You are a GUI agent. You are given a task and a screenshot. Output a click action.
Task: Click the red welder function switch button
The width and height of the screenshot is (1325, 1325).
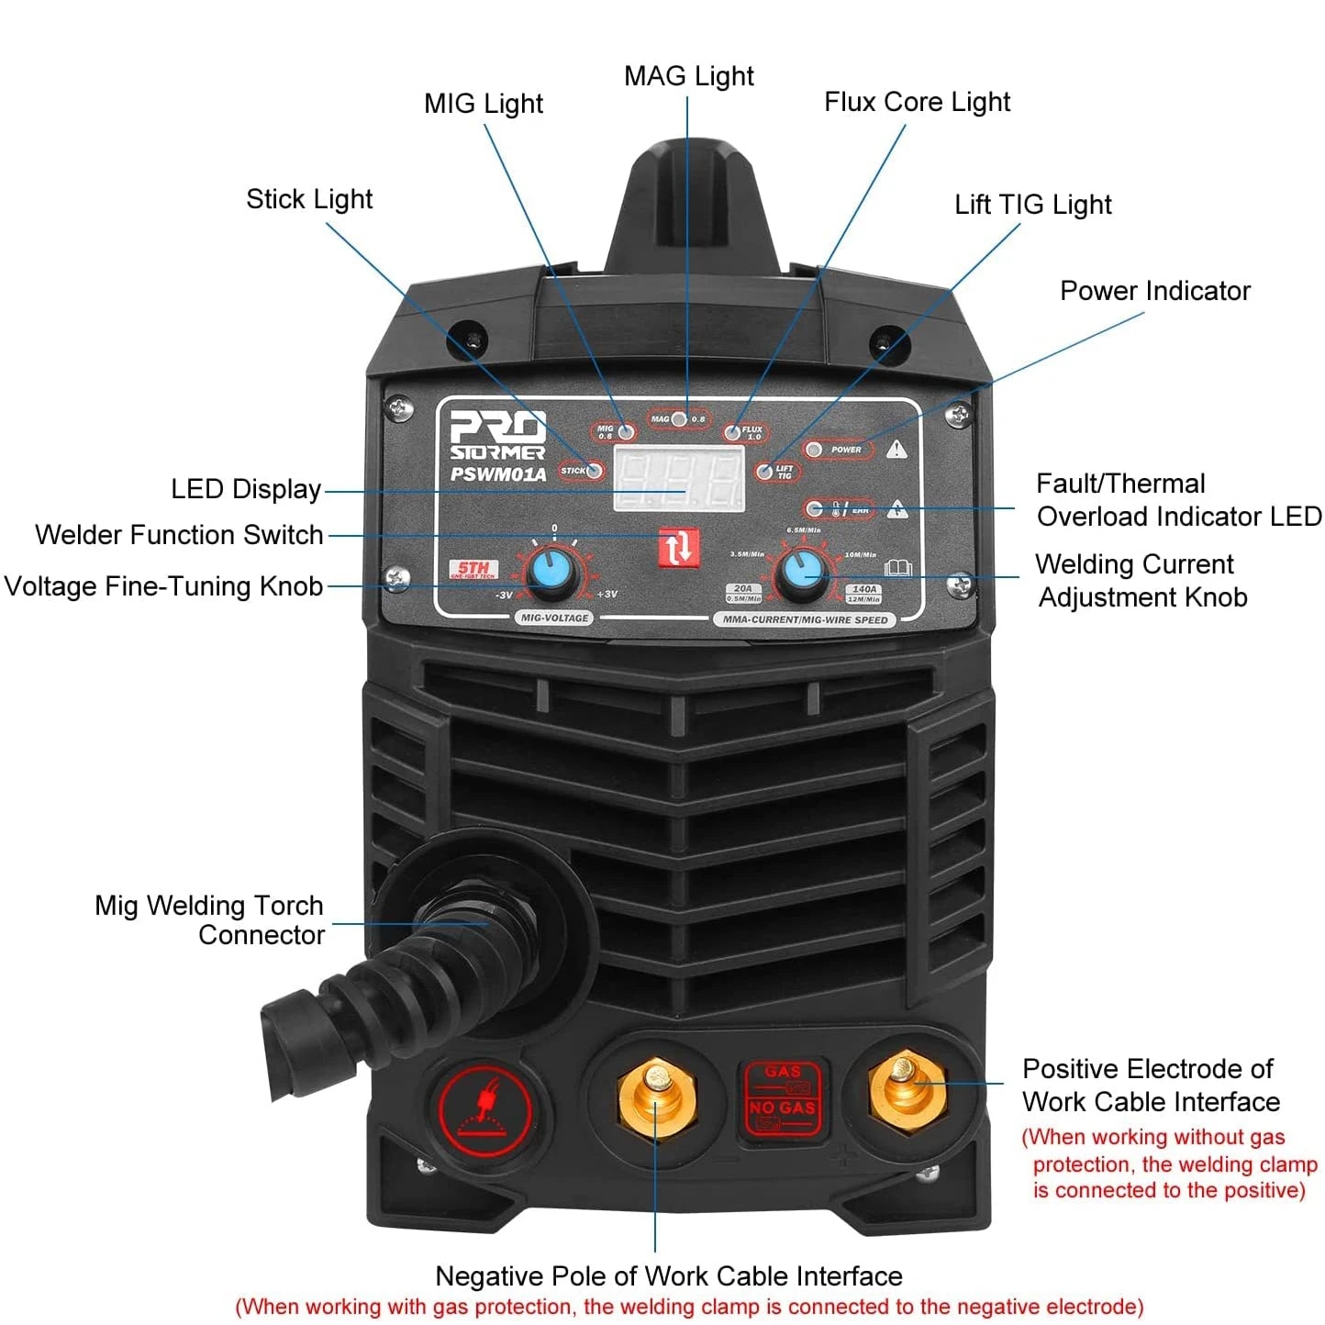click(678, 548)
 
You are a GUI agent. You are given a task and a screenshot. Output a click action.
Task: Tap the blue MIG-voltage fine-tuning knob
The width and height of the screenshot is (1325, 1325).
click(552, 573)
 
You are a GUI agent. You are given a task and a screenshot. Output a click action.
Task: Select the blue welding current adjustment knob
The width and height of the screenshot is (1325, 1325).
click(802, 574)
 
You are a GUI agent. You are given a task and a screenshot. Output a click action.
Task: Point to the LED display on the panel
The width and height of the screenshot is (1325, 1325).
click(678, 478)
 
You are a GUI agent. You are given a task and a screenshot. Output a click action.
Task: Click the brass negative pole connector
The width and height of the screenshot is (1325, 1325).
click(657, 1096)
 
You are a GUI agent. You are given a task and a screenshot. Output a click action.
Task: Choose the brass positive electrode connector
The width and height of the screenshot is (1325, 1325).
click(907, 1089)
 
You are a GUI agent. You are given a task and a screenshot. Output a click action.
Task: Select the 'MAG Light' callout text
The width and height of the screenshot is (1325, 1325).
click(688, 76)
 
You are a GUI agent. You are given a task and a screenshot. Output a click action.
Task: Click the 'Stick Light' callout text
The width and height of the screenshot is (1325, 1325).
click(309, 199)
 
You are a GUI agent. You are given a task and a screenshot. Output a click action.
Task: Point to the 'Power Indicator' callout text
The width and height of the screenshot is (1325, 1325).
click(1154, 291)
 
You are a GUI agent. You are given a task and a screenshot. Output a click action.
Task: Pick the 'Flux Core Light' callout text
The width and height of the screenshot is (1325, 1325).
click(917, 102)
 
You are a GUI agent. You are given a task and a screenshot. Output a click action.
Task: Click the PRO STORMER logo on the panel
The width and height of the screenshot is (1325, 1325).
click(497, 435)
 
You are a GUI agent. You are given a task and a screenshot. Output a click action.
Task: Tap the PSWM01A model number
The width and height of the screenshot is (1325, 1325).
click(497, 474)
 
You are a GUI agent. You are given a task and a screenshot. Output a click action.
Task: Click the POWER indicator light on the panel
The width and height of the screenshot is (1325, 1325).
click(814, 450)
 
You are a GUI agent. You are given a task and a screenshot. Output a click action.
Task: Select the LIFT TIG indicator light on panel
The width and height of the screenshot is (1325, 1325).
click(763, 472)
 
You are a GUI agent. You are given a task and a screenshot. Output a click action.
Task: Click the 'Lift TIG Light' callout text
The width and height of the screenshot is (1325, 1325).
click(1032, 205)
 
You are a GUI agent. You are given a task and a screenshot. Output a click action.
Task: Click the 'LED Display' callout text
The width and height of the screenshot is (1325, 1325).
click(246, 489)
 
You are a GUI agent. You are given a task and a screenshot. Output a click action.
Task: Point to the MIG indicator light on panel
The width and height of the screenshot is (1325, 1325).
click(627, 432)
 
